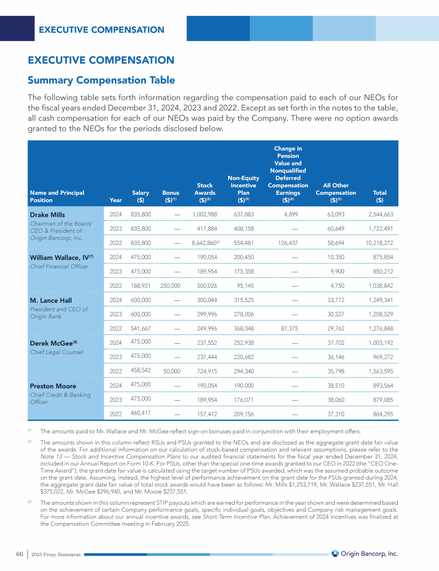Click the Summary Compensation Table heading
(x=101, y=80)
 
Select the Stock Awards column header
(x=205, y=192)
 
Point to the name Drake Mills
(x=48, y=215)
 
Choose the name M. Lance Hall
(x=52, y=300)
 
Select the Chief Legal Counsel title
(x=55, y=352)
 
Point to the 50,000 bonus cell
(x=171, y=371)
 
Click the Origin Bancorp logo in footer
(x=364, y=553)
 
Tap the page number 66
(x=19, y=554)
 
